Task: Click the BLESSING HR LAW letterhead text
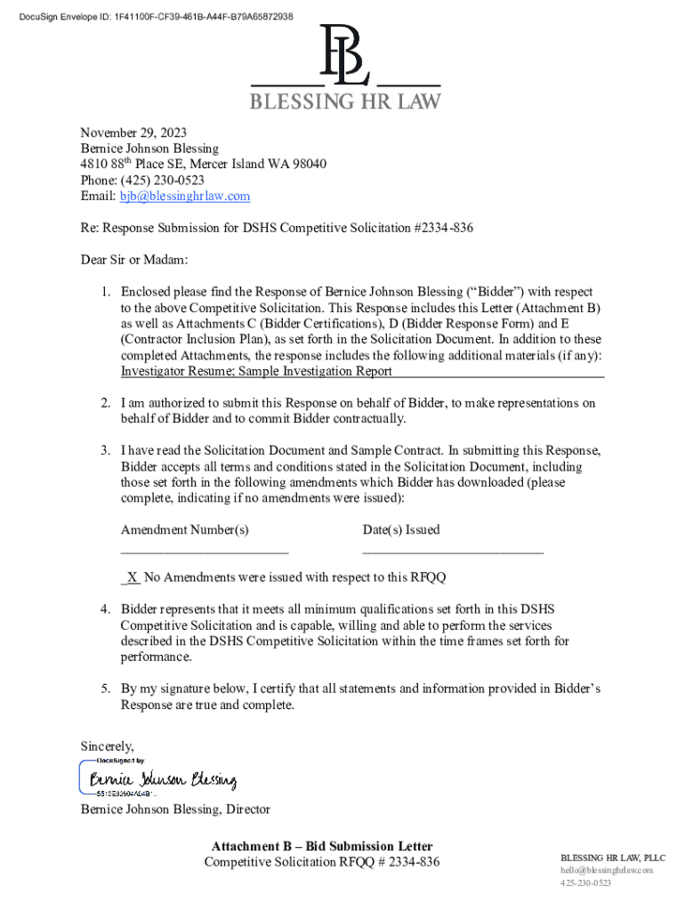[x=344, y=101]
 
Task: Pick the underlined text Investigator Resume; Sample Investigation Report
[x=256, y=371]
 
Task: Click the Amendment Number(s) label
[x=184, y=529]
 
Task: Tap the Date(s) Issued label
[x=400, y=529]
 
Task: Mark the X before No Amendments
[x=132, y=577]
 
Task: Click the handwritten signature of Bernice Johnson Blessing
[x=160, y=780]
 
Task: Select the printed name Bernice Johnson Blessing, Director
[x=175, y=809]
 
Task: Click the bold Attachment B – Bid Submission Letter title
[x=322, y=846]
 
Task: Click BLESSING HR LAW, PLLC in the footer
[x=612, y=857]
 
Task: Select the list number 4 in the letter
[x=104, y=609]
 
